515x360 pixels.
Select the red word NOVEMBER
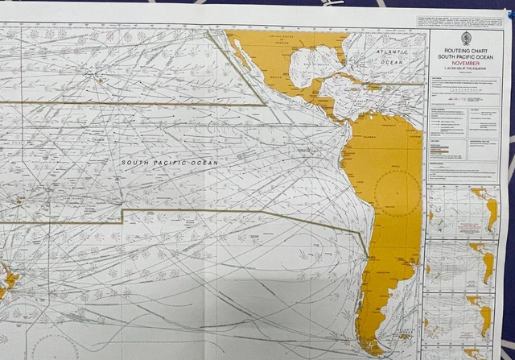click(x=466, y=66)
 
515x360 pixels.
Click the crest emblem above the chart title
click(x=466, y=39)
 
